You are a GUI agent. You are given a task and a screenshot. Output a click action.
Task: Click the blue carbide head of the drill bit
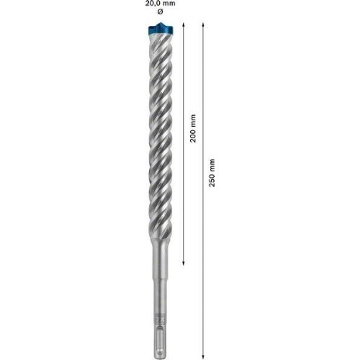160,30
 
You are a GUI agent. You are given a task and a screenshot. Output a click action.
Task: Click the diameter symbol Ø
160,12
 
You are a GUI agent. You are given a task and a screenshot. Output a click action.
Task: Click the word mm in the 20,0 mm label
170,4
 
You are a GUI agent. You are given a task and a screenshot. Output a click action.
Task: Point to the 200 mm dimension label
193,128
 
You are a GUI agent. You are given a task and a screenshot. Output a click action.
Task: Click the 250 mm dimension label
212,173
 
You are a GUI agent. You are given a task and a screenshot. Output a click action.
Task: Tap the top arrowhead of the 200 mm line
184,24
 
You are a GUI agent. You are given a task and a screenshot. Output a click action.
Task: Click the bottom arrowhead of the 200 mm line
184,264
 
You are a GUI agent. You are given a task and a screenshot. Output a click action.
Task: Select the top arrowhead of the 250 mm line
203,24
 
